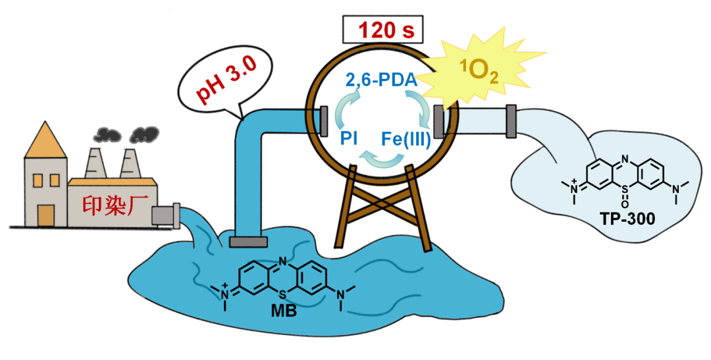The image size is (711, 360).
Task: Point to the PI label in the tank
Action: tap(349, 139)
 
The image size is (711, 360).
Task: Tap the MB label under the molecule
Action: tap(284, 310)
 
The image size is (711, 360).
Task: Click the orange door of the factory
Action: tap(45, 215)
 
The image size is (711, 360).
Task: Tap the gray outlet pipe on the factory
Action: tap(165, 215)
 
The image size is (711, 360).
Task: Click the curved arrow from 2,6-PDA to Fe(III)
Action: tap(421, 109)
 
